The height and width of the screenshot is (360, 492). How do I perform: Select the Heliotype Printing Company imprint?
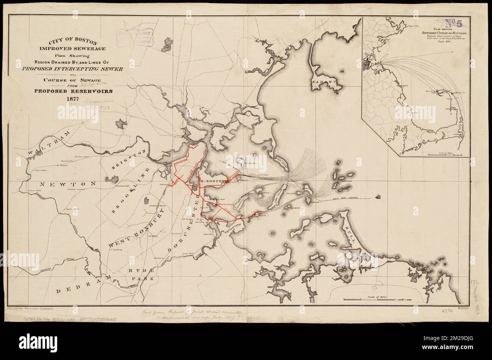pos(33,309)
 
